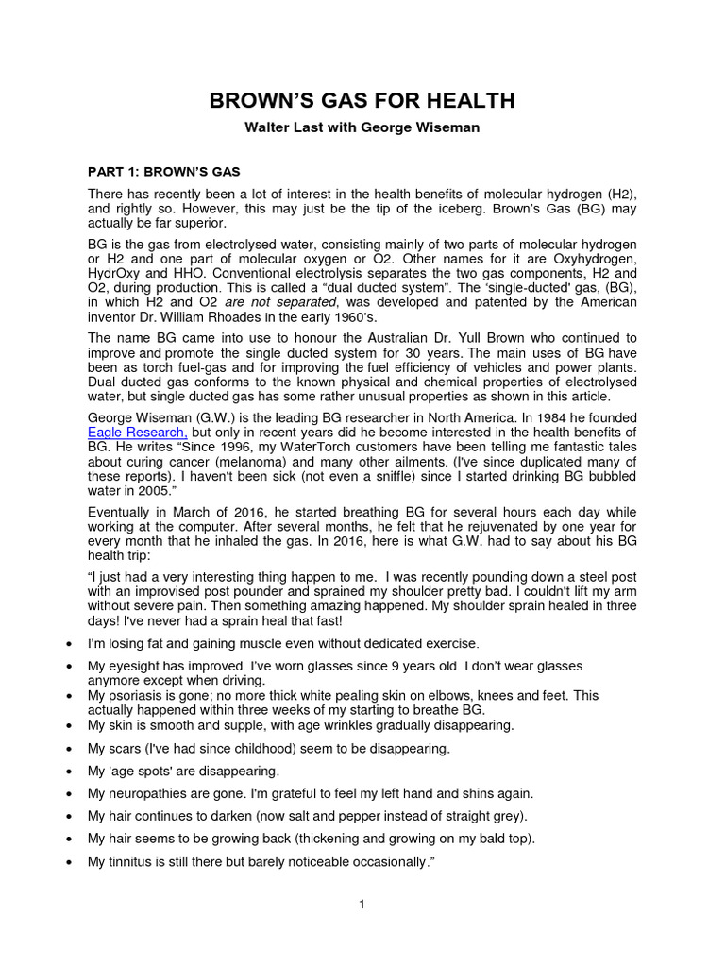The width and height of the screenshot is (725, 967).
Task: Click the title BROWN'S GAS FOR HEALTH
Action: [362, 102]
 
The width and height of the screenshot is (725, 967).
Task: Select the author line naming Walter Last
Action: [362, 127]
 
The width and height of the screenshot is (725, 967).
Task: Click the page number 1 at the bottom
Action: [362, 905]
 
